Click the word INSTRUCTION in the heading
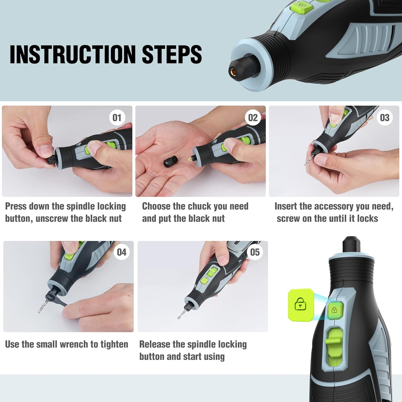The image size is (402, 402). coord(72,54)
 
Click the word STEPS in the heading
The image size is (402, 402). coord(172,54)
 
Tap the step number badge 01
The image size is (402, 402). coord(117,118)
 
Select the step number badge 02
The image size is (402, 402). coord(253,118)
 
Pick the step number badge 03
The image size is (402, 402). coord(385,118)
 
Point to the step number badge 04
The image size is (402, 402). coord(121,252)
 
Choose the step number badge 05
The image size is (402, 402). coord(255,252)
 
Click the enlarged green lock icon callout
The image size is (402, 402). coord(300,304)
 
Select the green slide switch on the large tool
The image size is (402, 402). coord(334,343)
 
